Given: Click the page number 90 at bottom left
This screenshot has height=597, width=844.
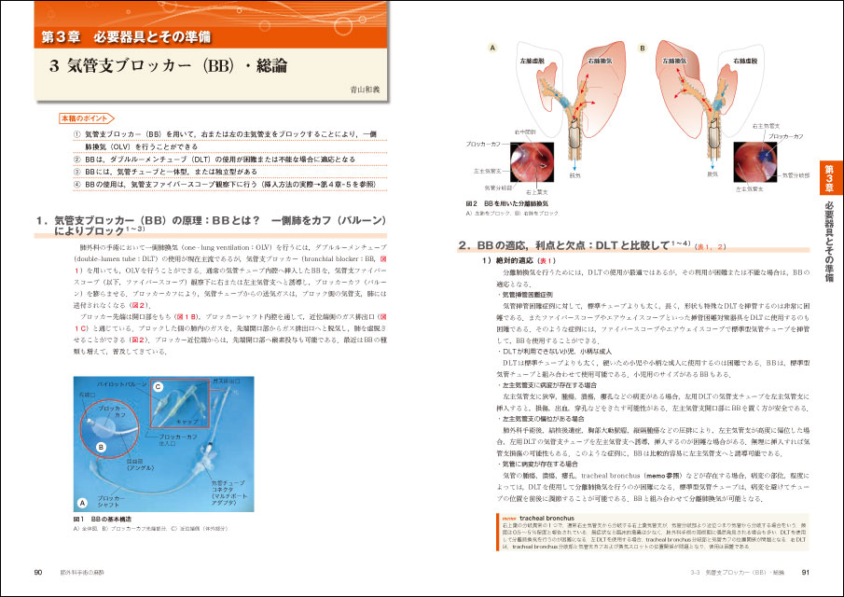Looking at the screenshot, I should point(37,571).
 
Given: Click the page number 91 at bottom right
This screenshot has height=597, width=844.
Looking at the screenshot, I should point(805,571).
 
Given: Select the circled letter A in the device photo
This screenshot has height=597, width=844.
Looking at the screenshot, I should point(83,500).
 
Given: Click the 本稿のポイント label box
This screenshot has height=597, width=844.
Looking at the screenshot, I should point(82,120).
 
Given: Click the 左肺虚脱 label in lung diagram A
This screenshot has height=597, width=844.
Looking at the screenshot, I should point(533,60).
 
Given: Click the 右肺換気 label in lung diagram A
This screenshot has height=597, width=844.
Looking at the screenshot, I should point(600,60).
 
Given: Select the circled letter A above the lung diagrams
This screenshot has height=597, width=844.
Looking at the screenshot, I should point(491,46).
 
